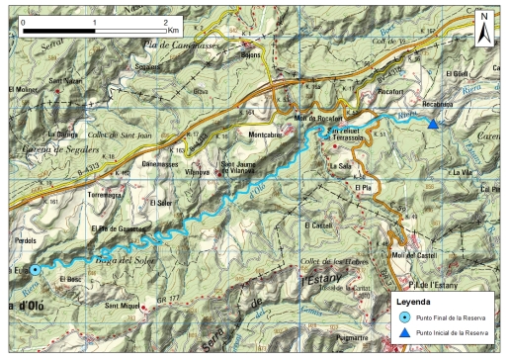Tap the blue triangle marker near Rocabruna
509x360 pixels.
[x=433, y=124]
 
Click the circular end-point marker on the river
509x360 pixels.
[x=35, y=269]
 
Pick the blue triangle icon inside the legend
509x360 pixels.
[x=404, y=335]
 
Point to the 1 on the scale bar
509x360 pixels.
[x=94, y=21]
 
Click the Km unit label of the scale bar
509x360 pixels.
[x=174, y=31]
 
